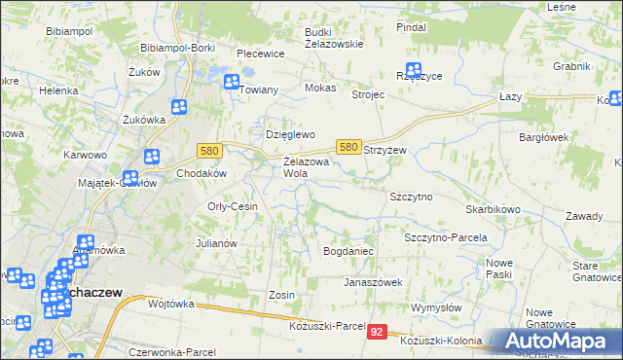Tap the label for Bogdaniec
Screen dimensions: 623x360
pos(348,251)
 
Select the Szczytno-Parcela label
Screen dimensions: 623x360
pos(445,237)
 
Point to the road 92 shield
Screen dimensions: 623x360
pos(379,333)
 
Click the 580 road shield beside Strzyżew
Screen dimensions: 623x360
pos(348,146)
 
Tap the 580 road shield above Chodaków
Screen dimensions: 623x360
pos(208,151)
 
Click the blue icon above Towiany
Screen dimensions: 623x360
pos(232,83)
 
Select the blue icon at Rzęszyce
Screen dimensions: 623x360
pos(414,71)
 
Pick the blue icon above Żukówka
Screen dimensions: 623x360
pos(179,108)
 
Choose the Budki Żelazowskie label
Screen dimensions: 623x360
pos(333,37)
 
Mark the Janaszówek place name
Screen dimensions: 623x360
pos(372,282)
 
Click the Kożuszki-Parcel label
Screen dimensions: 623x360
pos(327,325)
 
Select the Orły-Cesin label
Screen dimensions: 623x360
pos(233,206)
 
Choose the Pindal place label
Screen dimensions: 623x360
pos(412,27)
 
